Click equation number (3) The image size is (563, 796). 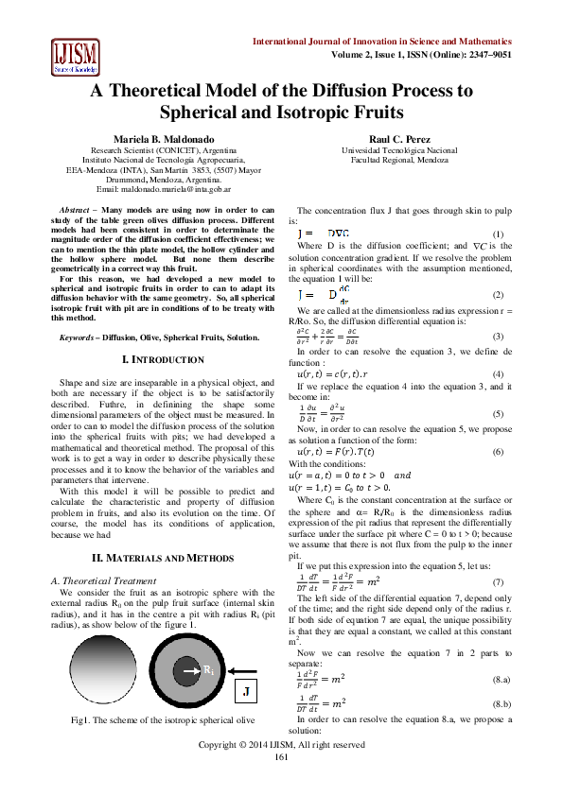499,337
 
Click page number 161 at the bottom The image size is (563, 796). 282,783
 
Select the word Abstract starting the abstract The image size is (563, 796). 76,208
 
